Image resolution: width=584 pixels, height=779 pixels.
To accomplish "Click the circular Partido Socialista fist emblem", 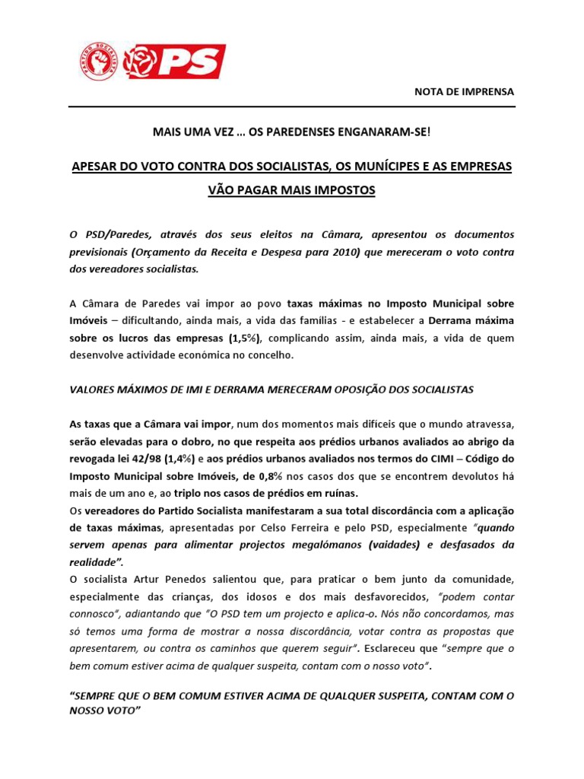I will tap(99, 62).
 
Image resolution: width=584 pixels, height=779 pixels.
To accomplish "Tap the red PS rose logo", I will tap(174, 61).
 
